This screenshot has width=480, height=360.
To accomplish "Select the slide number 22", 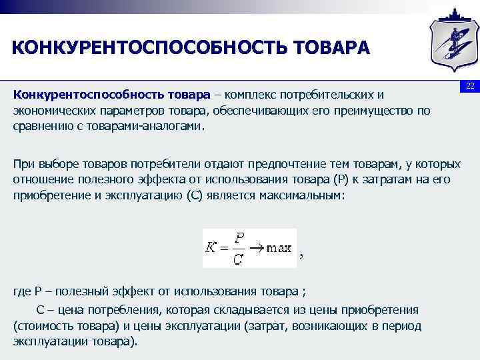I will point(469,87).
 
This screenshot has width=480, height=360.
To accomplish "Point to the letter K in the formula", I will point(211,248).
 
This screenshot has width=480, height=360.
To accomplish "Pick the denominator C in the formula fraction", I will point(239,258).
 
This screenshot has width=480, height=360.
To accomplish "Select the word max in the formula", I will point(279,248).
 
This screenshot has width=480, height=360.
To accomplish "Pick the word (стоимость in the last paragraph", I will point(42,325).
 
